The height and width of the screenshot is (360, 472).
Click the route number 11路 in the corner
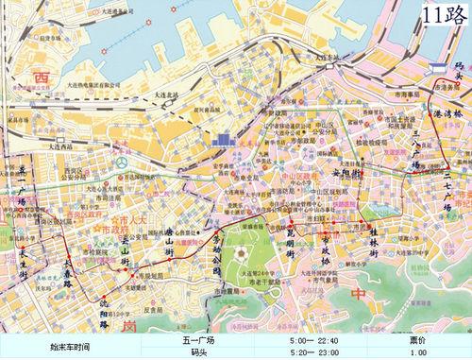tap(444, 16)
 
